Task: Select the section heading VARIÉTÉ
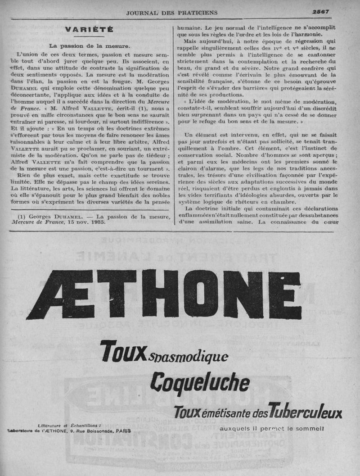(x=89, y=30)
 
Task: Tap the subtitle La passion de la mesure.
(x=89, y=46)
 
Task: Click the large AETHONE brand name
(x=164, y=295)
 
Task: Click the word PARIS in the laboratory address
(x=123, y=431)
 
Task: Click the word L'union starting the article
(x=29, y=55)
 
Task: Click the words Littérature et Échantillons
(x=69, y=425)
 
